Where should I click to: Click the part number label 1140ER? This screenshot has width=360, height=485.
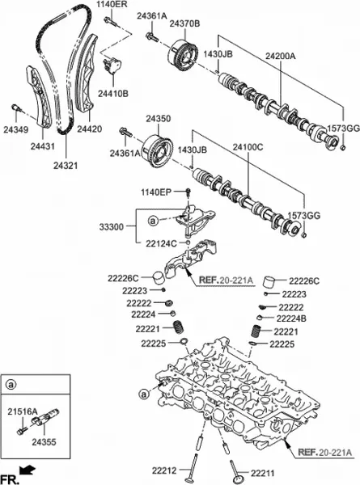pos(113,6)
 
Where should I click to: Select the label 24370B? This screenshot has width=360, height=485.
pos(185,25)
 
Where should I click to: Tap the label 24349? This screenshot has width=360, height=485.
pos(15,129)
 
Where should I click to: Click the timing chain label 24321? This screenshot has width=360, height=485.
pos(66,165)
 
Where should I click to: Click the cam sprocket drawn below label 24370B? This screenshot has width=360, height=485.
pos(184,58)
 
